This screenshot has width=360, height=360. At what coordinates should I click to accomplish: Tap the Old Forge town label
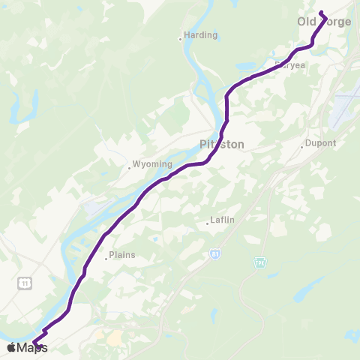point(324,22)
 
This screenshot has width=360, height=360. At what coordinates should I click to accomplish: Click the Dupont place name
point(322,143)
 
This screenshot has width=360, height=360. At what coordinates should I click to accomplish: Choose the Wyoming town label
point(152,164)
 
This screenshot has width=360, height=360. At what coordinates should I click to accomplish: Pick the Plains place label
point(122,255)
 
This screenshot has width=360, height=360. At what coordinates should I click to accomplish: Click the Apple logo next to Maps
point(11,347)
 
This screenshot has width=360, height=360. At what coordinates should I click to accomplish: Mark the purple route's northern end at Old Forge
point(321,12)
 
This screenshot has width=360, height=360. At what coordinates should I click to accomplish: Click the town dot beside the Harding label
point(181,37)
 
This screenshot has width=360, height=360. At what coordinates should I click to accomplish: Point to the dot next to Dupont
point(303,145)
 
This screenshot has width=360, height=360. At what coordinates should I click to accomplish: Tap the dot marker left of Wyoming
point(129,167)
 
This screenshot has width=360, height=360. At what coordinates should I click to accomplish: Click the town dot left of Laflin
point(208,223)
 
